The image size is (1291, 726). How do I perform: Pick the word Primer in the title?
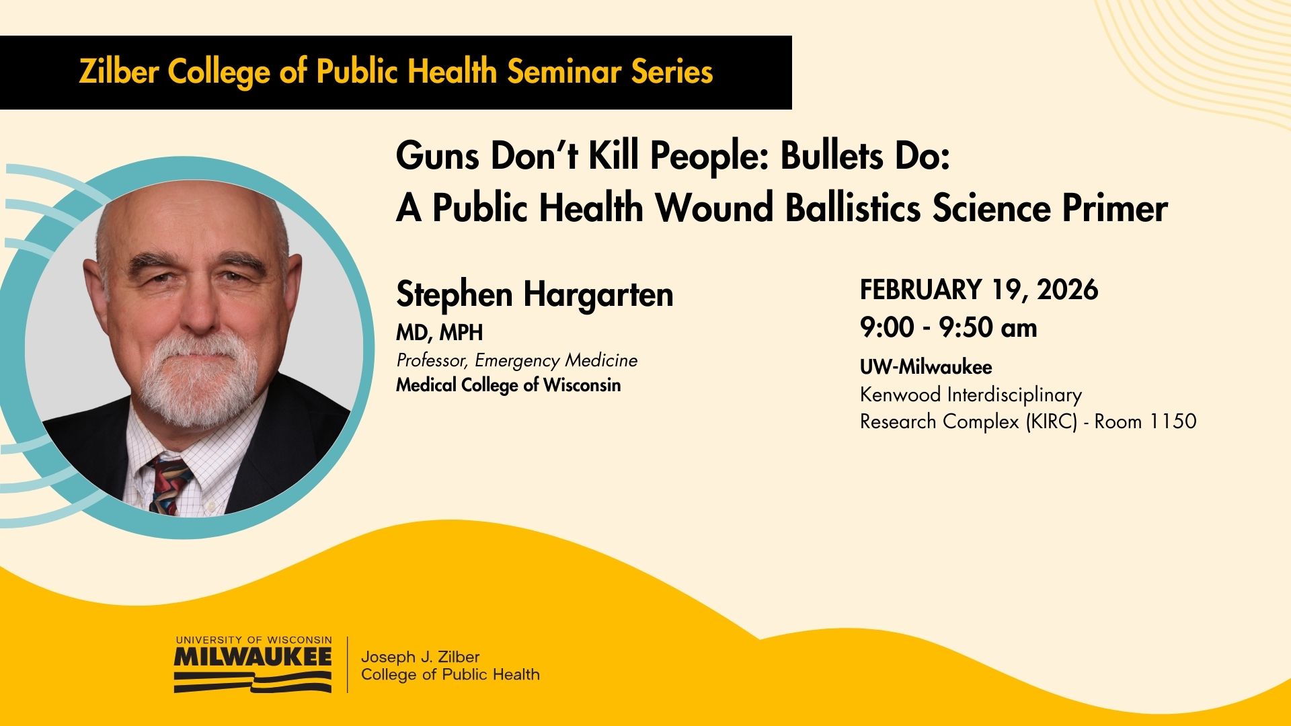click(1115, 208)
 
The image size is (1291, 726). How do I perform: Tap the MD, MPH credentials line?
click(440, 333)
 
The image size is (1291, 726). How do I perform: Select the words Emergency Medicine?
click(556, 361)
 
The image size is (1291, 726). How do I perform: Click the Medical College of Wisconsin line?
click(508, 385)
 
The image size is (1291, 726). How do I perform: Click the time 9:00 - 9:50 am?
click(949, 328)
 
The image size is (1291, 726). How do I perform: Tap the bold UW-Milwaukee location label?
click(926, 367)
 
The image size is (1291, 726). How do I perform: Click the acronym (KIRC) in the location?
click(1052, 421)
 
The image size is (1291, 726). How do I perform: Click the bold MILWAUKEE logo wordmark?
click(253, 656)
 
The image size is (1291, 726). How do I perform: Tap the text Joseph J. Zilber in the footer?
click(420, 657)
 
